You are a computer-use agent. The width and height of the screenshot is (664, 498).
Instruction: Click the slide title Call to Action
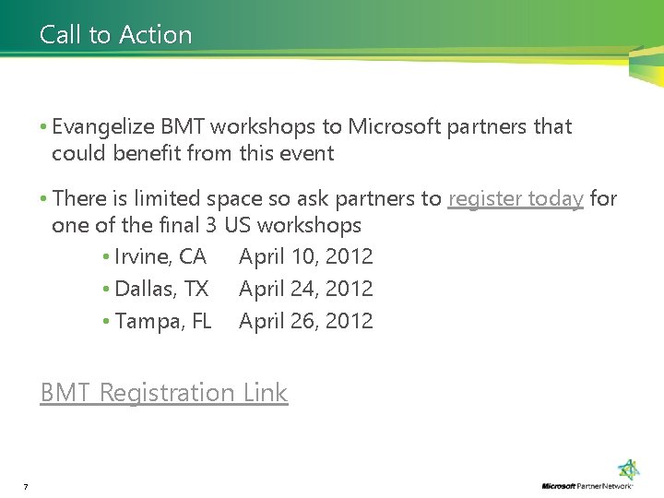click(116, 35)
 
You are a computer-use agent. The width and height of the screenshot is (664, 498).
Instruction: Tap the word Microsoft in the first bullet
click(395, 126)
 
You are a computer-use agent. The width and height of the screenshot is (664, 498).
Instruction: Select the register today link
click(516, 198)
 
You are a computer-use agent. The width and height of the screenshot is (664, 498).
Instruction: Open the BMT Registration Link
click(164, 393)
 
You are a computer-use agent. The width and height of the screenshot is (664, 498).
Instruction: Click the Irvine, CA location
click(160, 256)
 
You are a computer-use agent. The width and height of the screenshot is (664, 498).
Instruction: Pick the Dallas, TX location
click(161, 289)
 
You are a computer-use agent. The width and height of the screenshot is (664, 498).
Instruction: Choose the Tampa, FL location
click(163, 321)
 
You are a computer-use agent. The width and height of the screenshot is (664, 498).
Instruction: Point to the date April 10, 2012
click(306, 256)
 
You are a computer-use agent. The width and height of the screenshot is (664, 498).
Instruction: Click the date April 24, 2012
click(306, 289)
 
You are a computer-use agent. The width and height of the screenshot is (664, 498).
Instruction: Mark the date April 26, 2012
click(306, 321)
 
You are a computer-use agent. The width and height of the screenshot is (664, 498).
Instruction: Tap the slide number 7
click(26, 486)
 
